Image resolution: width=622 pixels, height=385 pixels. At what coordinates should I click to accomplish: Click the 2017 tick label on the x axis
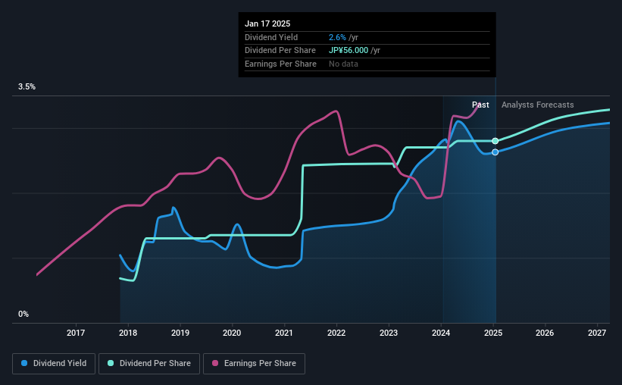(x=76, y=333)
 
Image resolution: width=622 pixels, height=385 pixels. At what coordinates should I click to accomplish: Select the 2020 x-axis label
(x=232, y=333)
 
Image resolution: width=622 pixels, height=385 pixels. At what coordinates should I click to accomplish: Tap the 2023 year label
(x=389, y=333)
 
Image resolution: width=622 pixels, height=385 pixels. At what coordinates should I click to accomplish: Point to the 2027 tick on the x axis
(x=597, y=333)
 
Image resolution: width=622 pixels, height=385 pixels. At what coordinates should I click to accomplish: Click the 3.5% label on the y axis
(x=27, y=87)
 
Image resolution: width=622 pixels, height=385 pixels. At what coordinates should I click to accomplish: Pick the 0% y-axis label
(x=23, y=314)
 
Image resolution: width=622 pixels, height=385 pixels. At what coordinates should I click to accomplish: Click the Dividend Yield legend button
(x=53, y=364)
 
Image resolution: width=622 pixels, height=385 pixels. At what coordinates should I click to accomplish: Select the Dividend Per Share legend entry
(x=149, y=364)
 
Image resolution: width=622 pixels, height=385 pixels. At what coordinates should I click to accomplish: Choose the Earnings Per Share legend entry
(x=254, y=364)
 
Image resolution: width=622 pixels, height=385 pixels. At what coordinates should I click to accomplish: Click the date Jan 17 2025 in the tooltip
(x=267, y=23)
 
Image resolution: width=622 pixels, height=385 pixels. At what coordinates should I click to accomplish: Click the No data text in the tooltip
(x=343, y=64)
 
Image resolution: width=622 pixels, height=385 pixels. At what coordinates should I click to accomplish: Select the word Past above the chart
(x=480, y=105)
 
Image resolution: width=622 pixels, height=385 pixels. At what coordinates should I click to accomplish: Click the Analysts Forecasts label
(x=537, y=105)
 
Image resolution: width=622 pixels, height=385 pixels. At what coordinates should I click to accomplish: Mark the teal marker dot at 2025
(x=495, y=141)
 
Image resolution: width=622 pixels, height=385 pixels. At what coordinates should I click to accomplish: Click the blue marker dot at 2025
(x=495, y=152)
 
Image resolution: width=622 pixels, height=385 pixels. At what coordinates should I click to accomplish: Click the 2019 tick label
(x=180, y=333)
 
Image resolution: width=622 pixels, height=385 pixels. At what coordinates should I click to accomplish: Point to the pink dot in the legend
(x=215, y=364)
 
